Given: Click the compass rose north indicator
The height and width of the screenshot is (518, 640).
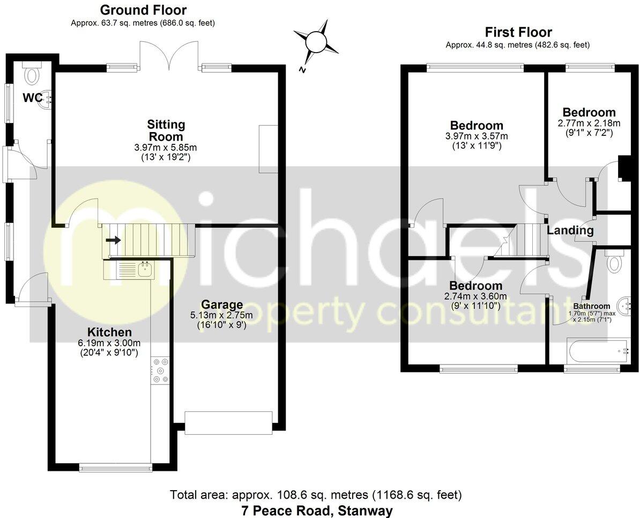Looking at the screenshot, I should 316,42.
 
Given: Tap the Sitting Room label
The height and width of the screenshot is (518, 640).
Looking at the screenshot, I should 166,130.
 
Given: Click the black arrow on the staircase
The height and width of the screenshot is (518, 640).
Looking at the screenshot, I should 113,240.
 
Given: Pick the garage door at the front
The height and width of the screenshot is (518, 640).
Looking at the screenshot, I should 228,422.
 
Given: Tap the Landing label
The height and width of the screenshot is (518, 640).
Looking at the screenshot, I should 570,231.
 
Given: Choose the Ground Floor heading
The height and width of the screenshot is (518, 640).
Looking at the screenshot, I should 143,10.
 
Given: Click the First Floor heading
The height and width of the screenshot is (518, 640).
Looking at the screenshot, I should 518,32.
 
